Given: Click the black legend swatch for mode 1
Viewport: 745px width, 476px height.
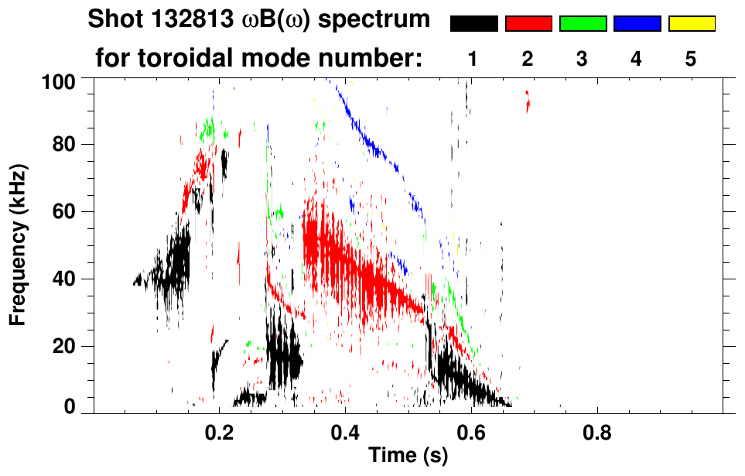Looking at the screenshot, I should tap(474, 24).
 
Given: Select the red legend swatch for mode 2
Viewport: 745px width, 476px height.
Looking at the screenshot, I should tap(528, 24).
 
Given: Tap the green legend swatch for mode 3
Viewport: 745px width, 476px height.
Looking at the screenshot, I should tap(583, 24).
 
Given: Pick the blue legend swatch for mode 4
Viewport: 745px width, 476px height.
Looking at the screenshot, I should tap(637, 24).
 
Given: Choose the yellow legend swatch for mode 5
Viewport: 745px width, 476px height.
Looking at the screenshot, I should tap(691, 24).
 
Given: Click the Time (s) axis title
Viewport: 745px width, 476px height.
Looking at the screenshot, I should tap(407, 457).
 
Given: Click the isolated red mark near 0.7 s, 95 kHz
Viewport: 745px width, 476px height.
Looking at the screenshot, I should tap(528, 101).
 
